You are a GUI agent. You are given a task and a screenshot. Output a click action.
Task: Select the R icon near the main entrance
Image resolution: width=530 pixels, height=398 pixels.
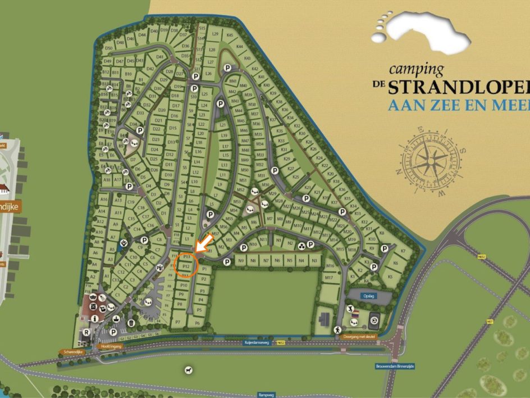pos(86,332)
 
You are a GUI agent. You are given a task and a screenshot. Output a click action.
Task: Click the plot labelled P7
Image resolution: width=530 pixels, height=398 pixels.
pos(178,322)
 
